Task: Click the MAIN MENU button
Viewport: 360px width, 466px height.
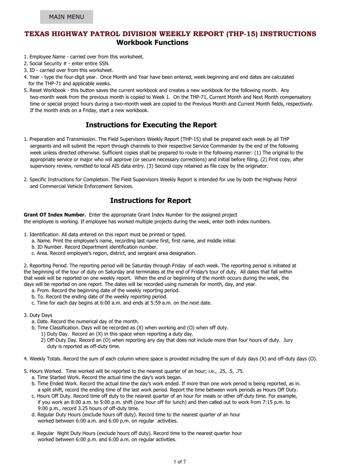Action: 66,17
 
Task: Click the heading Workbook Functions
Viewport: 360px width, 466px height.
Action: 152,42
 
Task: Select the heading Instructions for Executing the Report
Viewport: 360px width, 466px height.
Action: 151,125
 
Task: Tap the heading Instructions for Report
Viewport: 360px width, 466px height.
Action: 150,200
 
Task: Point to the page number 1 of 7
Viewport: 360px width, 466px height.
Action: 180,461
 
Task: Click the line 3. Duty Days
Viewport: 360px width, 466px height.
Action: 38,315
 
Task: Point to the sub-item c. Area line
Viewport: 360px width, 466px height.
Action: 114,253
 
